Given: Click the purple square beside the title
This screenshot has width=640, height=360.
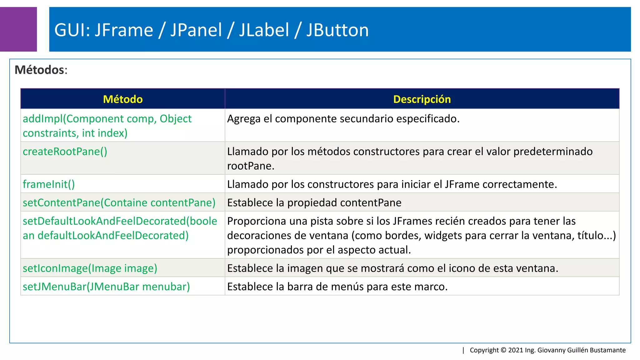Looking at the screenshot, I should [18, 29].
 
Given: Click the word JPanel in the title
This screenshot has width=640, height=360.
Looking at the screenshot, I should [196, 30].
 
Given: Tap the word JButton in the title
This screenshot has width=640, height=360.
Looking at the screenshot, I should [337, 30].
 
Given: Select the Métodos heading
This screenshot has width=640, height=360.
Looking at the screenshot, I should [41, 70].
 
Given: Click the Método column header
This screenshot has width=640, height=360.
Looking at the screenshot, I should [123, 99].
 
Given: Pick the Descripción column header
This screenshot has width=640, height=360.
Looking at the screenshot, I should [422, 99].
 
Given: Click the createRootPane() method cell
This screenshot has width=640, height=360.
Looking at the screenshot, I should [65, 152].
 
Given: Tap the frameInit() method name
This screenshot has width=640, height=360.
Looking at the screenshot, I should [49, 184].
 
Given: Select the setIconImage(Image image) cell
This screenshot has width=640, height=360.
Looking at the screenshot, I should [90, 268].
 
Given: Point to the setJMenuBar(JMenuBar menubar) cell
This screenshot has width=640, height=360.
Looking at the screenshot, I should [106, 287].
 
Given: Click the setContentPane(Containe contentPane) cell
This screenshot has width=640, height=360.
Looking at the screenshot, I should [119, 203].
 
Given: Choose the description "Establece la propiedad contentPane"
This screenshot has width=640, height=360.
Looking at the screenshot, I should [314, 203].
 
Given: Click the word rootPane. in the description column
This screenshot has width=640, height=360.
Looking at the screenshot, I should [251, 166].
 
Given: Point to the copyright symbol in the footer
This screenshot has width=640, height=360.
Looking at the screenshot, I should [503, 350].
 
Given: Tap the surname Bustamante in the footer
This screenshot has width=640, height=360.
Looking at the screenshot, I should [607, 350].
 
